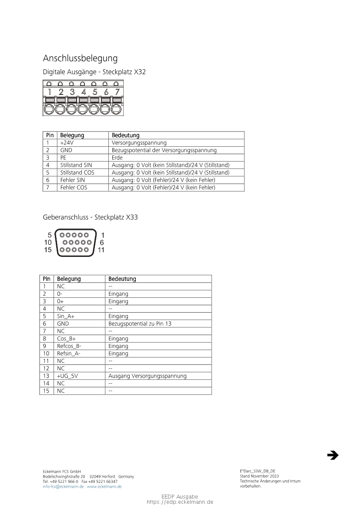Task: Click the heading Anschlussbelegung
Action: pyautogui.click(x=80, y=58)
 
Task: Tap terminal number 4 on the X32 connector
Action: pyautogui.click(x=84, y=92)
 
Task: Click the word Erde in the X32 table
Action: pyautogui.click(x=117, y=158)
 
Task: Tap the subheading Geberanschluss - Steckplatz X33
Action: pyautogui.click(x=90, y=217)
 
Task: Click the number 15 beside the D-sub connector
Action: pyautogui.click(x=48, y=250)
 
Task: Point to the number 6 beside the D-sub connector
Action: pyautogui.click(x=102, y=243)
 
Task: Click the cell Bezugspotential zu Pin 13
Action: pyautogui.click(x=140, y=324)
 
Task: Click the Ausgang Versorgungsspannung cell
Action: pyautogui.click(x=148, y=376)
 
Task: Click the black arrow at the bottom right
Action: pyautogui.click(x=333, y=455)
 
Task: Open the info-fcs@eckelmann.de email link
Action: pyautogui.click(x=63, y=487)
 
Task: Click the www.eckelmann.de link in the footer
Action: pyautogui.click(x=104, y=487)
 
